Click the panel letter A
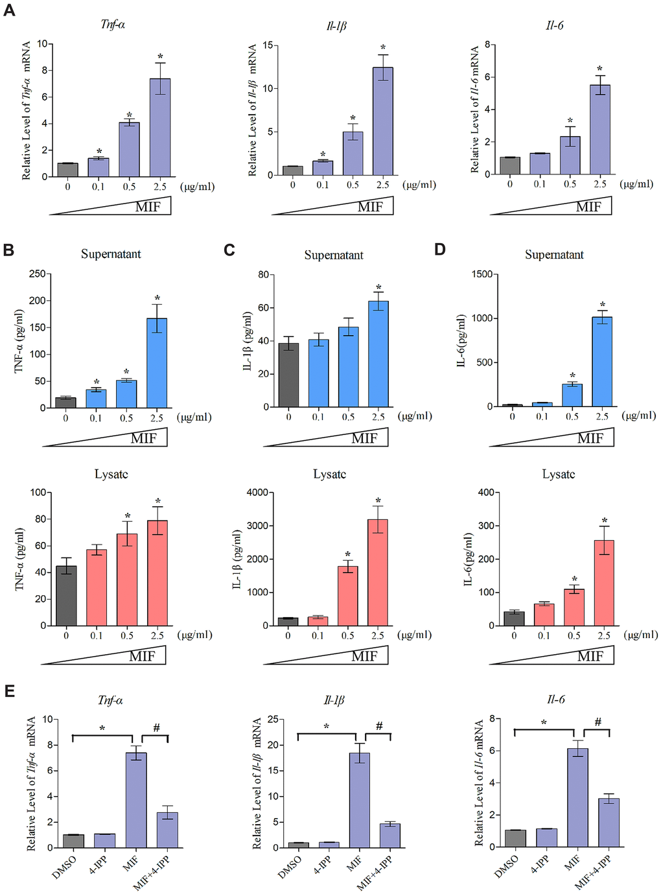(9, 10)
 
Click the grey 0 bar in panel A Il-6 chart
(510, 166)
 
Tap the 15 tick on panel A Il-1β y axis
(267, 46)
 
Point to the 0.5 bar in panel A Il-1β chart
(353, 154)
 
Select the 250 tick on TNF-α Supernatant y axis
(38, 274)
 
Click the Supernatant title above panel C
(334, 255)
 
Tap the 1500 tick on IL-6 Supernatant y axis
(481, 274)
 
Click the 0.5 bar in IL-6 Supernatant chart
(572, 395)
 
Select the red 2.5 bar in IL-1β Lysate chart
(378, 572)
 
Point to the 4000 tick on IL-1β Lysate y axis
(258, 493)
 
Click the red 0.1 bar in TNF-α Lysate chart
(97, 587)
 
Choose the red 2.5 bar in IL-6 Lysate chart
(604, 583)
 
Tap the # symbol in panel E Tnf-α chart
(157, 728)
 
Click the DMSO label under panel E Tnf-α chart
(64, 867)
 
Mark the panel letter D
(440, 250)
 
